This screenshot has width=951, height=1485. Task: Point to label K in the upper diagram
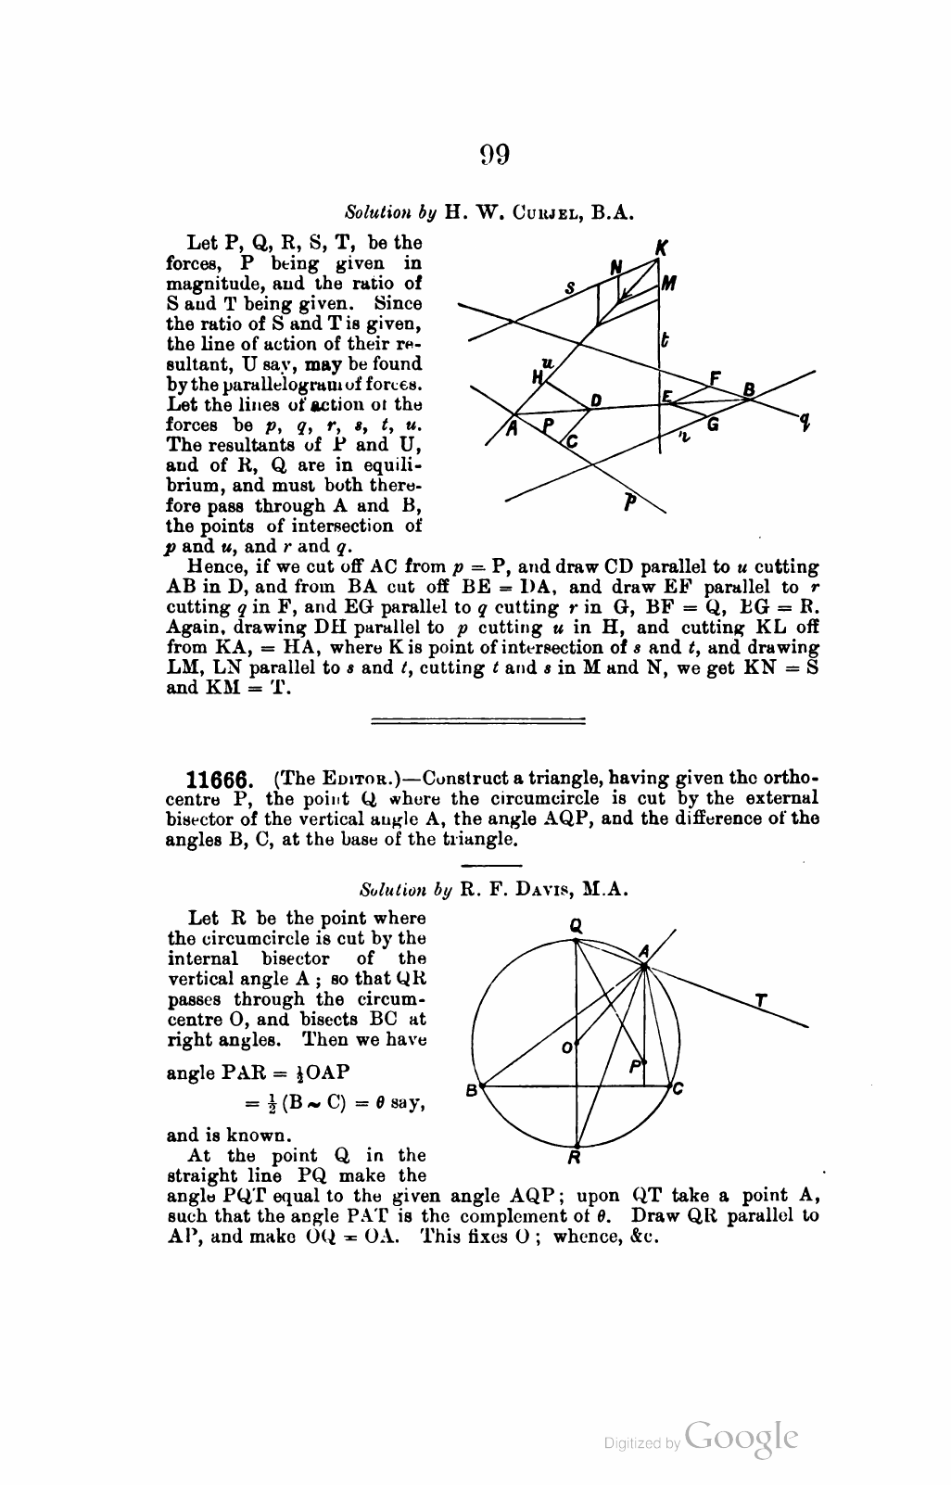coord(662,248)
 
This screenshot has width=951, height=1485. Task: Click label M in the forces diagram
coord(669,285)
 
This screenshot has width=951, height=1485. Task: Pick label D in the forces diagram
coord(596,400)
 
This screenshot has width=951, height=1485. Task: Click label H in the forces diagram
coord(537,376)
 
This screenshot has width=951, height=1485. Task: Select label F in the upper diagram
coord(715,378)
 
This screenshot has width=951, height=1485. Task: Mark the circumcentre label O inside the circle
coord(567,1047)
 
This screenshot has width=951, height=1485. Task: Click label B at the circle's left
coord(471,1089)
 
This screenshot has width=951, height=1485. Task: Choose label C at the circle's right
coord(678,1088)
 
